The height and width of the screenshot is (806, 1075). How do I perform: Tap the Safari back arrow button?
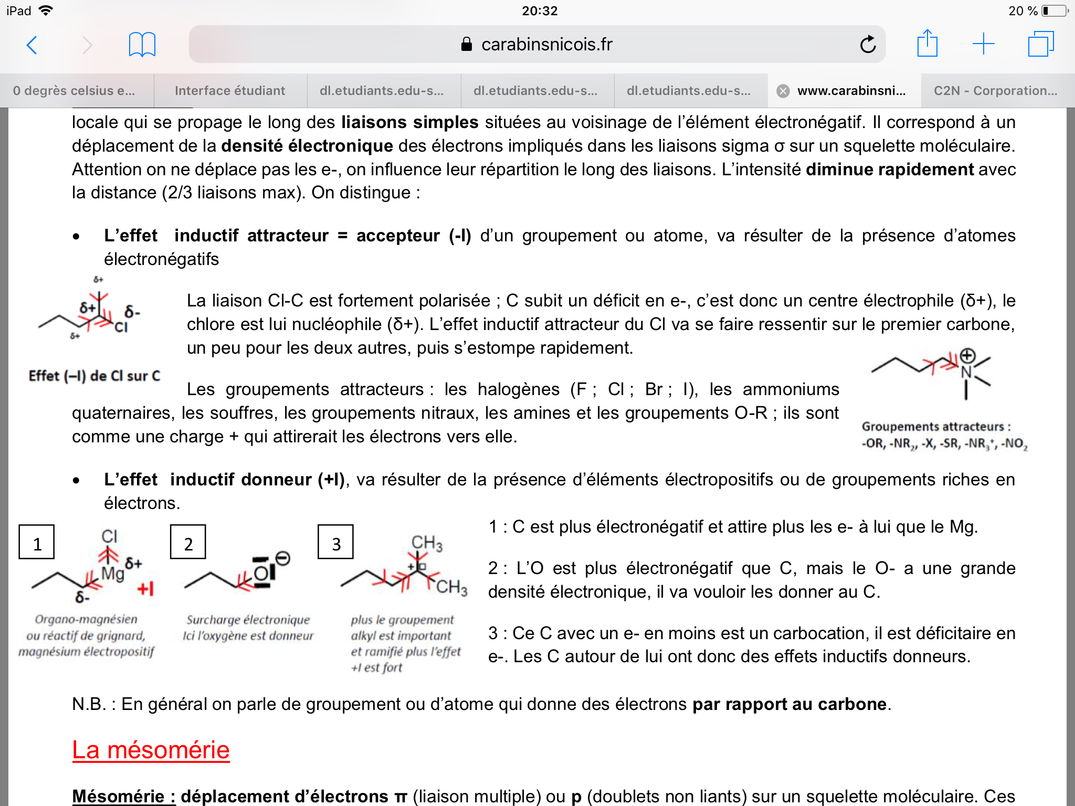(x=32, y=45)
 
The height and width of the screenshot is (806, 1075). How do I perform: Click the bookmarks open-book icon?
(x=142, y=45)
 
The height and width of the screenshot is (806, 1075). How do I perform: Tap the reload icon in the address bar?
(x=868, y=45)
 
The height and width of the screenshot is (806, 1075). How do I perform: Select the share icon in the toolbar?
(x=927, y=44)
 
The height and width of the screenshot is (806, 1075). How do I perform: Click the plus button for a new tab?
(x=983, y=44)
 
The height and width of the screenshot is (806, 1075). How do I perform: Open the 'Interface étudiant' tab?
(x=230, y=91)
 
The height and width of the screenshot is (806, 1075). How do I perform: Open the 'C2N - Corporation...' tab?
(x=995, y=91)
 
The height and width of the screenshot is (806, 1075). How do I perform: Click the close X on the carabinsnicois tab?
(x=783, y=91)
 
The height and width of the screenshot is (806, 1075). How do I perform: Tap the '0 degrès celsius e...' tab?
(x=74, y=91)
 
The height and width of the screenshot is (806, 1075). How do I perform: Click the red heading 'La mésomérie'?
(x=151, y=750)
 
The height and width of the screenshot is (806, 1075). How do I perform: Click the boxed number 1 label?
(x=37, y=543)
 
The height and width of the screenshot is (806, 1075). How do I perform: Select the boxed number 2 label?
(x=188, y=543)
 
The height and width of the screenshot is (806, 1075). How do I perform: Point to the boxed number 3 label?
(x=336, y=543)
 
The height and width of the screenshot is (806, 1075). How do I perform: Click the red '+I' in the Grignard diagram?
(x=145, y=589)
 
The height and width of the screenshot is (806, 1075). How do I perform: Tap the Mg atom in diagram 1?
(x=112, y=573)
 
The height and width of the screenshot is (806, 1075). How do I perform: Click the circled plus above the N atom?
(x=967, y=356)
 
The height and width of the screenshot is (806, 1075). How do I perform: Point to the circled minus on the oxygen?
(x=282, y=558)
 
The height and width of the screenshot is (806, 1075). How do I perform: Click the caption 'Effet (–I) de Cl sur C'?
(x=94, y=376)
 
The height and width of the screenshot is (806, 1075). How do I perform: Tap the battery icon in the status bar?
(x=1053, y=11)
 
